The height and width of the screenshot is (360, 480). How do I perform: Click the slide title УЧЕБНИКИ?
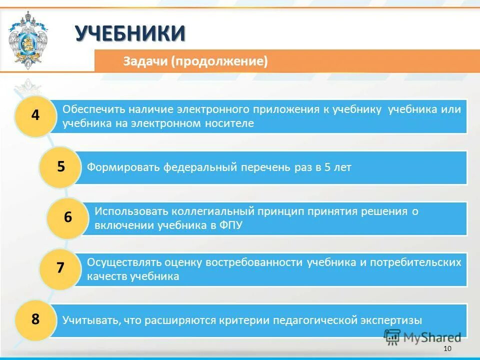click(130, 34)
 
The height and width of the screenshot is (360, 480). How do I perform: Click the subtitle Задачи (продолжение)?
click(195, 61)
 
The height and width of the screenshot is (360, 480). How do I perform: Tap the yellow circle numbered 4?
click(35, 115)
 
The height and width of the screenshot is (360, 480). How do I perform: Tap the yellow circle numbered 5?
click(60, 167)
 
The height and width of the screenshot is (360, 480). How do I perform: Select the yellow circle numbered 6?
click(67, 217)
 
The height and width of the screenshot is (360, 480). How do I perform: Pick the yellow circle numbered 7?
click(60, 268)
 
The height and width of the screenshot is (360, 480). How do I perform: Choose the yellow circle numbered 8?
click(35, 319)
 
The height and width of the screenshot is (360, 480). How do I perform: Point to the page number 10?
click(447, 348)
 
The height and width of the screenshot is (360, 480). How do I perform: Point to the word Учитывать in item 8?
click(89, 320)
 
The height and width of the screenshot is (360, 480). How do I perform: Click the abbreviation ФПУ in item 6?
click(230, 225)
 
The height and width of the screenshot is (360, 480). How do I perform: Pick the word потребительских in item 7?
click(420, 262)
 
